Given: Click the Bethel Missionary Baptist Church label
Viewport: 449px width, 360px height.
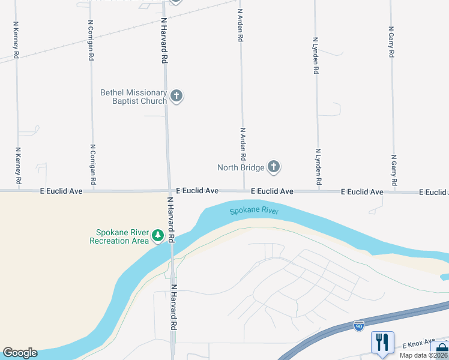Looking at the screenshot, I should point(133,97).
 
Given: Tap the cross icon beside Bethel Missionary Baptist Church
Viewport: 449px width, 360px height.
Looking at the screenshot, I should point(176,96).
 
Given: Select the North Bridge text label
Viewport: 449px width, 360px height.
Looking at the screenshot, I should point(241,167).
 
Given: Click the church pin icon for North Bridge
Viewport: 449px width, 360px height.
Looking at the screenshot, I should point(274,167).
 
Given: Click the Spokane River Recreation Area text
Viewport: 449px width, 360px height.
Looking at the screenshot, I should point(119,237).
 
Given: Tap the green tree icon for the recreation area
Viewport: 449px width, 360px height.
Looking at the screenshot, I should point(158,236).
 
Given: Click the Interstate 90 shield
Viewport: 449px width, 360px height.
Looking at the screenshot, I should point(358,326).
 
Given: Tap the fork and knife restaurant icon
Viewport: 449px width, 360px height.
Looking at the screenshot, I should point(382,343).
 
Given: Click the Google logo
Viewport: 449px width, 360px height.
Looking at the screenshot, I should point(20,353).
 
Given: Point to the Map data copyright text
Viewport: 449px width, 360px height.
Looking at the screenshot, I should point(423,355).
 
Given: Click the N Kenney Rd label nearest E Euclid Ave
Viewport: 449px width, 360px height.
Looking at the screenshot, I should point(18,166).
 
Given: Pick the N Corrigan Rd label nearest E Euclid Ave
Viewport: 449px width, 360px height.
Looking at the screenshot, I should point(92,164).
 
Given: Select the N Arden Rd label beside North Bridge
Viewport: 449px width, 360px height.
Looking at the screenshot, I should point(243,144).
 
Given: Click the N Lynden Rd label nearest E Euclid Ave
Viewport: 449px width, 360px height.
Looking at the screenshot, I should point(319,167).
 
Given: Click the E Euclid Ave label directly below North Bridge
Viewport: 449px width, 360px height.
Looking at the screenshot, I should point(272,191).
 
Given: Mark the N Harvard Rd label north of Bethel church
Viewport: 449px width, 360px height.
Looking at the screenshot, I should point(163,40).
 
